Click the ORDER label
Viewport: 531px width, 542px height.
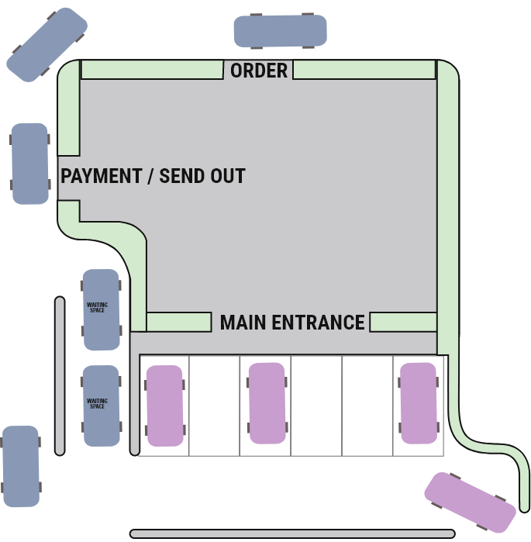pos(259,71)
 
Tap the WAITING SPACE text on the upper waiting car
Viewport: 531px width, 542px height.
pos(97,308)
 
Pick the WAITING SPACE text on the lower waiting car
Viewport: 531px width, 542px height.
pos(97,404)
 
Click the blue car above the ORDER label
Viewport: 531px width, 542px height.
pos(280,31)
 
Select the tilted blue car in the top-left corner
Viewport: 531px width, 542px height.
pos(47,43)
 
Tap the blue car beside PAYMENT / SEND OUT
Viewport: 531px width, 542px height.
pos(29,164)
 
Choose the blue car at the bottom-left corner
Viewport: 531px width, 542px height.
pos(20,466)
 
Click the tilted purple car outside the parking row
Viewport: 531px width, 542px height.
pos(470,502)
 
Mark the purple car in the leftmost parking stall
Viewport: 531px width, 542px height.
pos(165,406)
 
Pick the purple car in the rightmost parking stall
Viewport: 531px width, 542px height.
pos(419,403)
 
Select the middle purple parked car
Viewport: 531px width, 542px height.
pos(267,403)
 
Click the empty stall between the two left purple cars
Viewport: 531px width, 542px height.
pos(215,406)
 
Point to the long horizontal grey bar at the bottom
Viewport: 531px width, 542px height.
pos(291,533)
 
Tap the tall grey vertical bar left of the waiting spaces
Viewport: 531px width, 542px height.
pos(60,376)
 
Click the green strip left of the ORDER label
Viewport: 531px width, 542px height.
pos(152,70)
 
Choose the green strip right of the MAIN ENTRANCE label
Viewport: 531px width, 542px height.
pos(403,322)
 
